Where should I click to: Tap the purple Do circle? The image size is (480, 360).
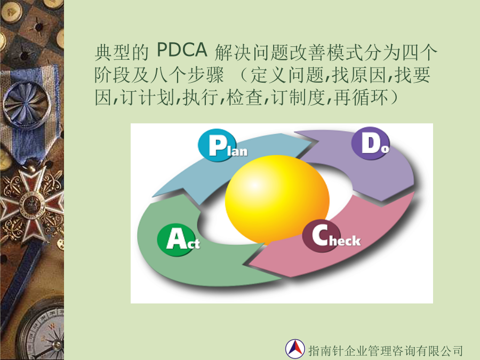(370, 143)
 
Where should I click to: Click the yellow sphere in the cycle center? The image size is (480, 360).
(277, 199)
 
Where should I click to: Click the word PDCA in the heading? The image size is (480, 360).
(182, 50)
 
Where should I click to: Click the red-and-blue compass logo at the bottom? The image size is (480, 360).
(295, 349)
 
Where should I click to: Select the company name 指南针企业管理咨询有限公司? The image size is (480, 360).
(386, 350)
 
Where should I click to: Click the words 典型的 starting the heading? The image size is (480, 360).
(122, 53)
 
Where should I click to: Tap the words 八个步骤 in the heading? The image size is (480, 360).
(187, 75)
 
